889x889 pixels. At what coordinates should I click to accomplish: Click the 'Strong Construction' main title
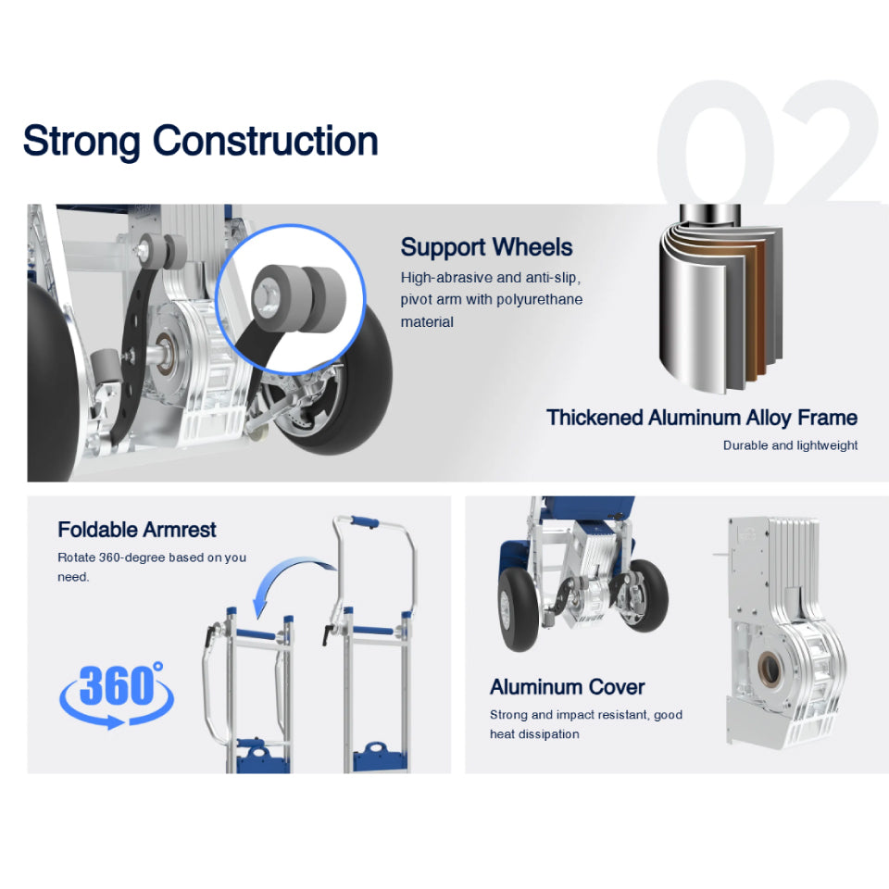tap(200, 142)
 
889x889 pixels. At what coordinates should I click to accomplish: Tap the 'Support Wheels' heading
tap(486, 248)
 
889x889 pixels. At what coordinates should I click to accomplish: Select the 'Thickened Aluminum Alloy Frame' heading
tap(702, 418)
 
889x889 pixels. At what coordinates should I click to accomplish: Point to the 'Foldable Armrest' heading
tap(137, 530)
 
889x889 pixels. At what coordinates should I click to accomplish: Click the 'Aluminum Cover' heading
tap(568, 687)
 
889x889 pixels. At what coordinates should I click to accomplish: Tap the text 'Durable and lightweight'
tap(790, 445)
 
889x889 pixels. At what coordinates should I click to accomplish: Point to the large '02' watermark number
tap(771, 142)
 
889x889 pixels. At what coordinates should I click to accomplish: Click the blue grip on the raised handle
tap(365, 522)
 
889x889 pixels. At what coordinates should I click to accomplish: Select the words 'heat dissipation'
tap(534, 734)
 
